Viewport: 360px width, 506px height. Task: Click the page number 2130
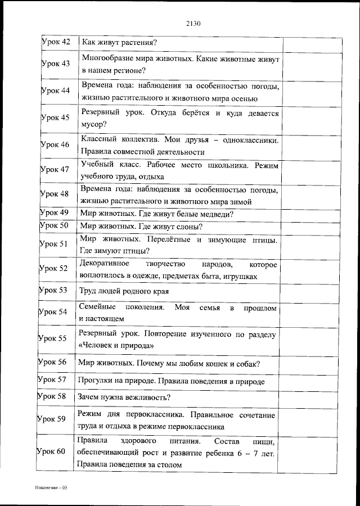(x=193, y=24)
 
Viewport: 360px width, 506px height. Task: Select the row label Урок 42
(x=56, y=42)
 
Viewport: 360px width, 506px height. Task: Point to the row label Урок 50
(x=54, y=226)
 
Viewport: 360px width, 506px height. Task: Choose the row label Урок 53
(x=53, y=291)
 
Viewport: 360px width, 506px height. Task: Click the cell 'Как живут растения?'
(x=119, y=42)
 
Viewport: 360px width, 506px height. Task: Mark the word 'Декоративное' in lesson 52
(x=105, y=264)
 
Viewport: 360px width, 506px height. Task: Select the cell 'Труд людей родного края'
(x=124, y=291)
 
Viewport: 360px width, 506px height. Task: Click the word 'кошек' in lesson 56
(x=220, y=363)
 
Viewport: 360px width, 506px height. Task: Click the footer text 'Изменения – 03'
(x=49, y=487)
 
